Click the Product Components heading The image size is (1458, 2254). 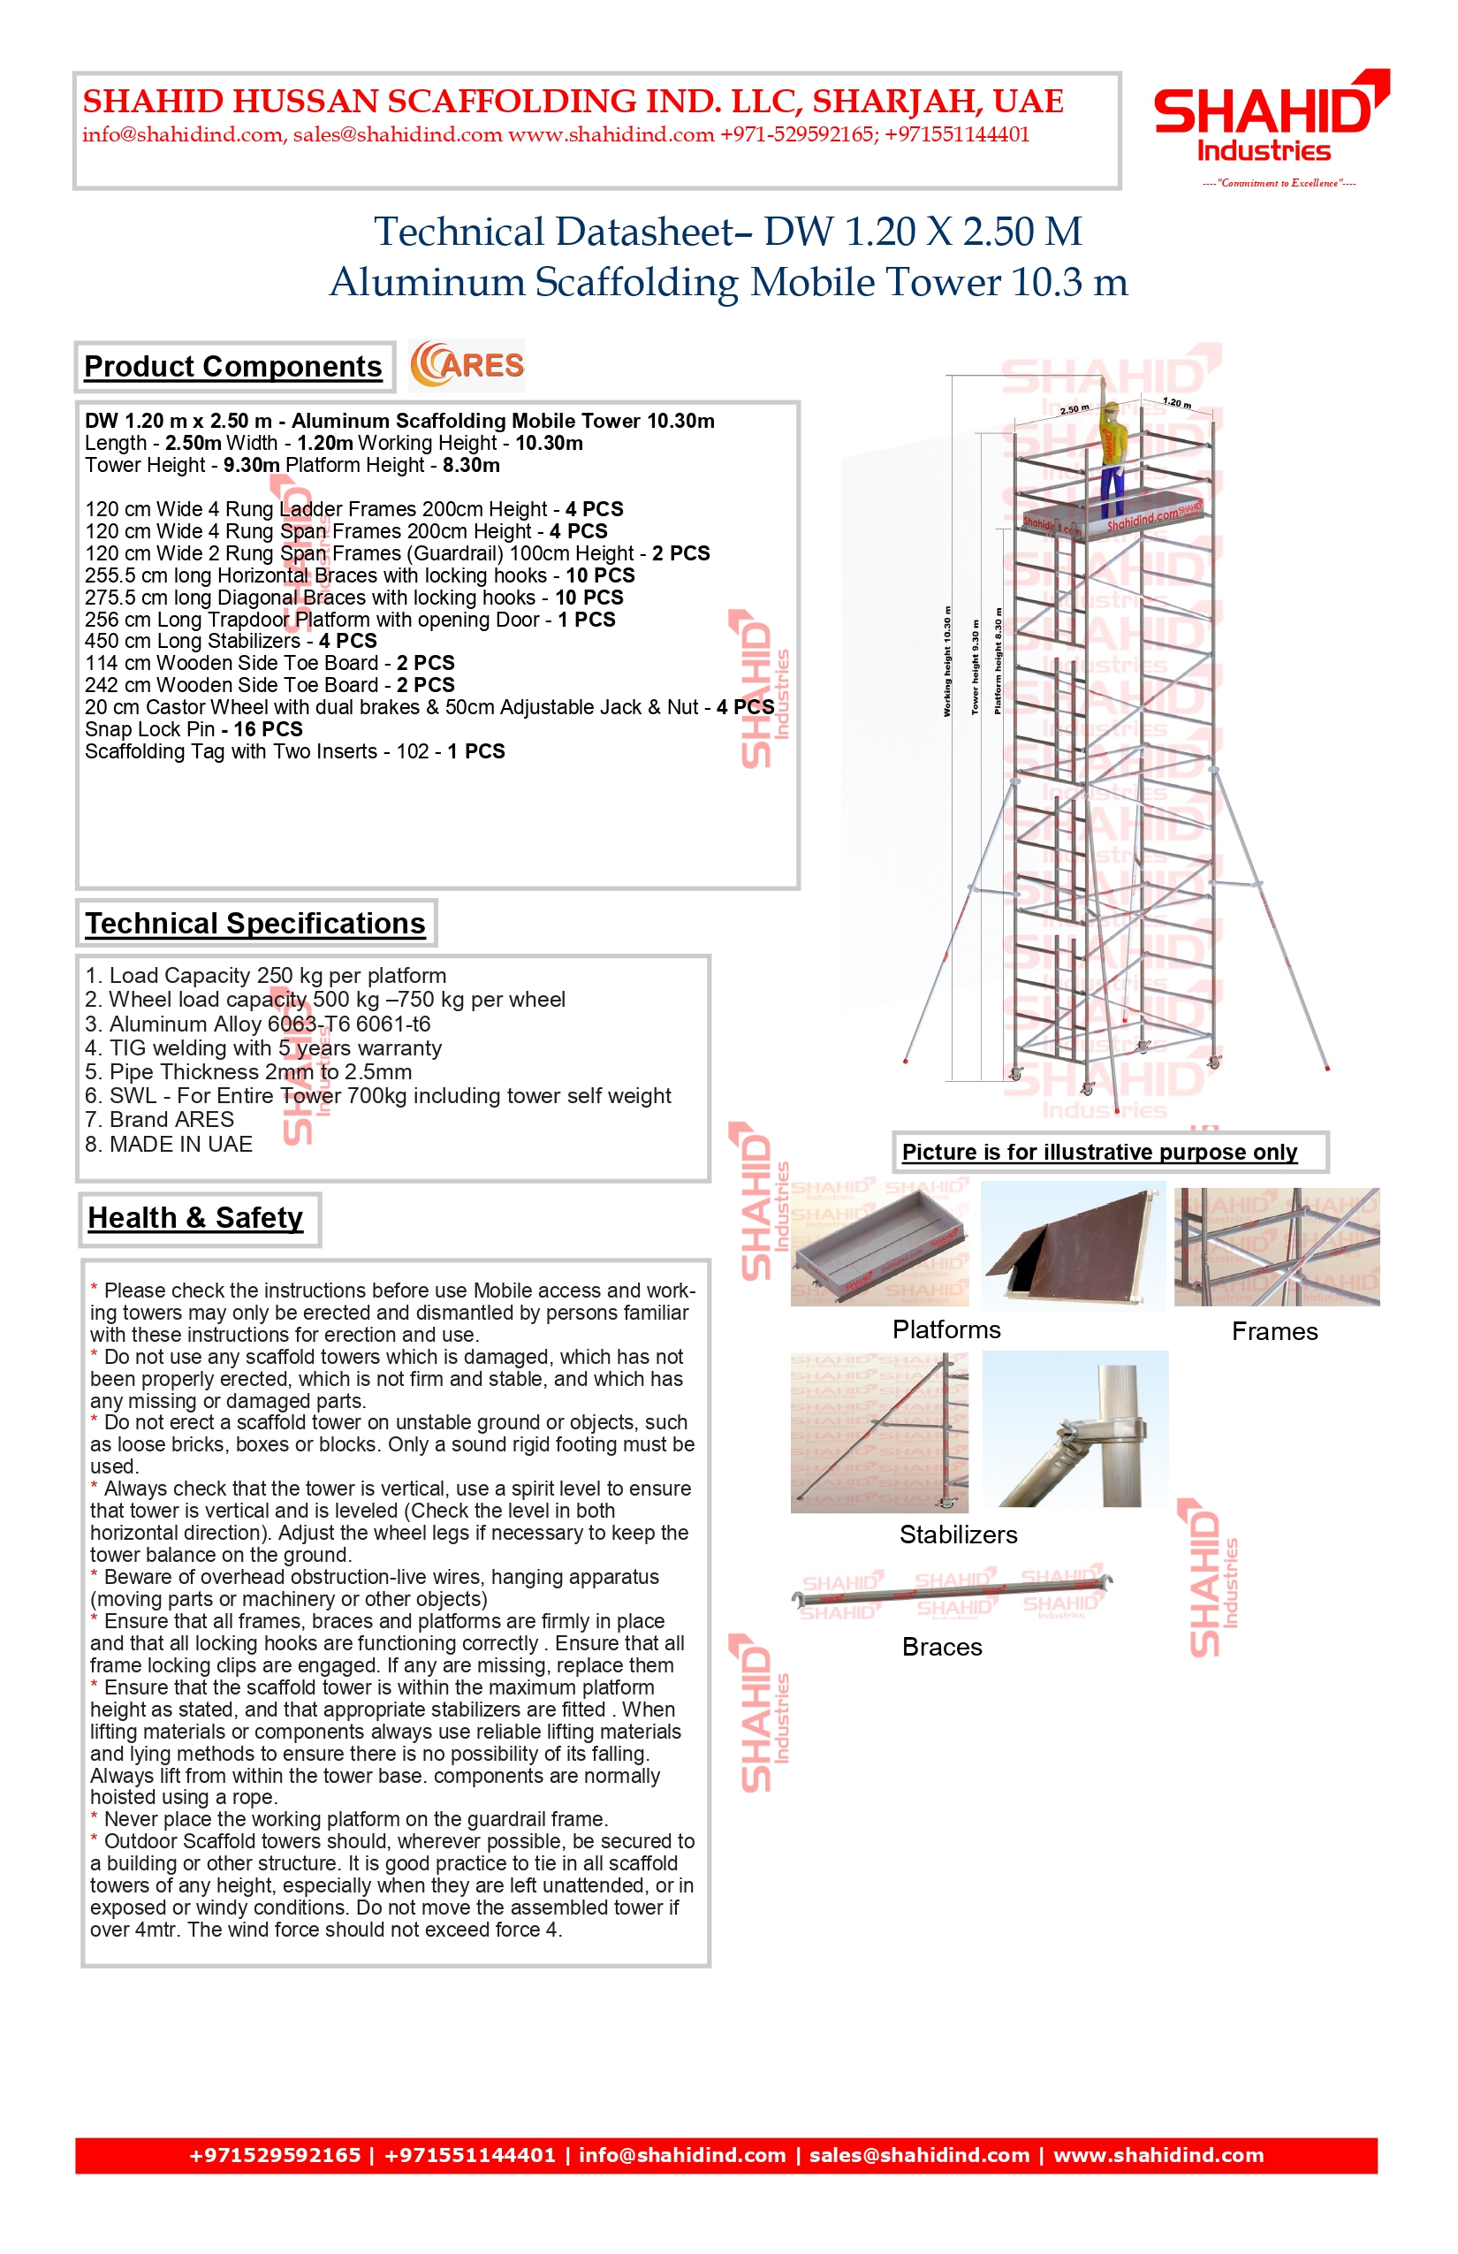click(233, 367)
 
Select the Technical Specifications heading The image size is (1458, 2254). click(255, 924)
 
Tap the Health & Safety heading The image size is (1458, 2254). click(196, 1218)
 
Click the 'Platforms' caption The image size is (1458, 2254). click(945, 1329)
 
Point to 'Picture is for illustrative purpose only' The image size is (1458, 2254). click(1099, 1153)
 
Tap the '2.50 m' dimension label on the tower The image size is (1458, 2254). click(1075, 409)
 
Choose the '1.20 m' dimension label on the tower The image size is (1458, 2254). click(1177, 402)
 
